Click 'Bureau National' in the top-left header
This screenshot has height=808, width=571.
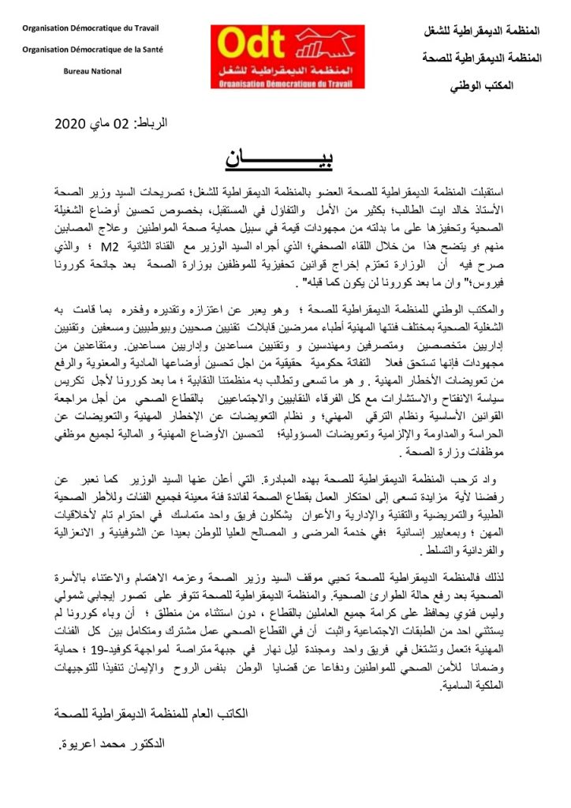coord(93,71)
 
